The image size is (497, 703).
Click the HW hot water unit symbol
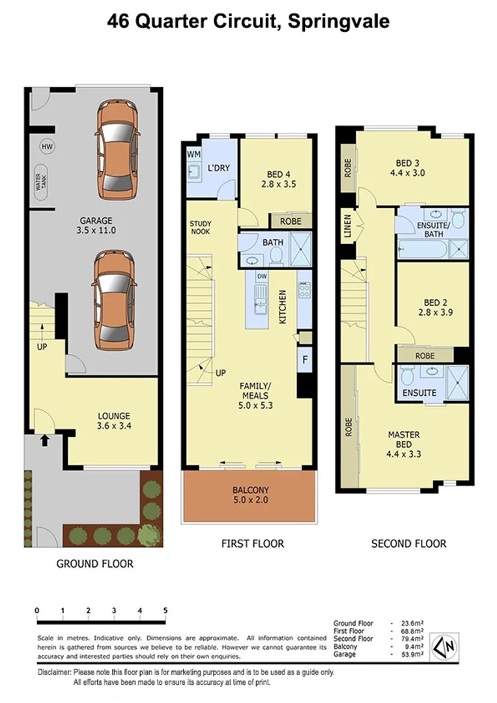point(46,147)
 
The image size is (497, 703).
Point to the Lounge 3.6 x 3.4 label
point(114,421)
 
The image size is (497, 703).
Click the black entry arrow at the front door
point(44,441)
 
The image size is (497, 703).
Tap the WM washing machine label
point(193,154)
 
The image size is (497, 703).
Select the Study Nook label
point(201,227)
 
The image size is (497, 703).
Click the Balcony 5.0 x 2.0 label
point(251,495)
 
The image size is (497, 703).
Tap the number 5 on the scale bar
point(165,611)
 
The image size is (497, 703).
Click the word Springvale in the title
point(339,21)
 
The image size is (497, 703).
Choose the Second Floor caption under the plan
point(408,544)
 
